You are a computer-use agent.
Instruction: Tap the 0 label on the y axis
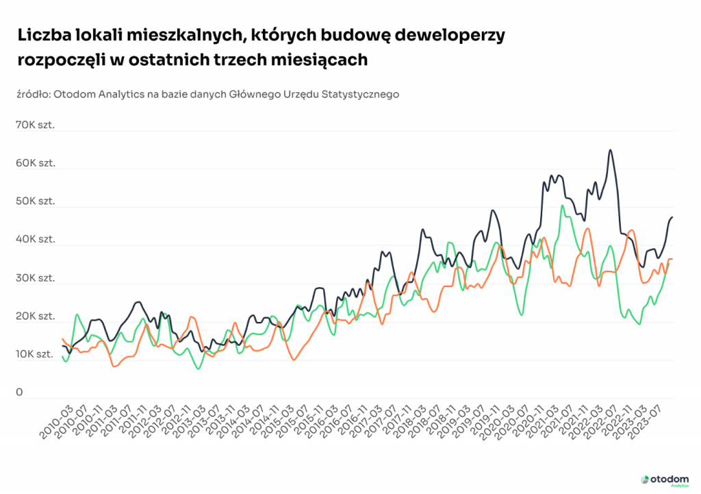coord(19,393)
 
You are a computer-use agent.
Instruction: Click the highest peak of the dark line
coord(610,150)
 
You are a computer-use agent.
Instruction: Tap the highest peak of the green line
coord(562,206)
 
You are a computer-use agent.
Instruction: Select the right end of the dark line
coord(672,217)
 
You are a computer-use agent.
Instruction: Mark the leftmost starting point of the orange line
coord(62,338)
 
